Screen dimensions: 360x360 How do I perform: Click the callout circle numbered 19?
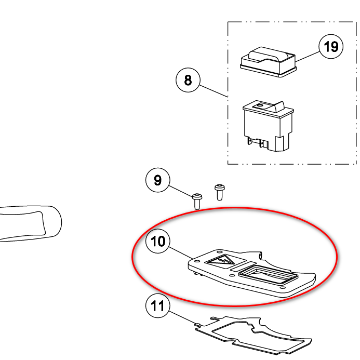pyautogui.click(x=331, y=47)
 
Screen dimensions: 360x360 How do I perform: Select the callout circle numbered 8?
pyautogui.click(x=188, y=80)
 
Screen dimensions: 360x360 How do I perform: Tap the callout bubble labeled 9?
pyautogui.click(x=158, y=180)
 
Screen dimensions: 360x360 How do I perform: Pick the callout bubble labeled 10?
pyautogui.click(x=158, y=241)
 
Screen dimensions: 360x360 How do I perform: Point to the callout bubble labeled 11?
pyautogui.click(x=158, y=306)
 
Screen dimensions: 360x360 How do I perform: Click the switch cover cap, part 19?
pyautogui.click(x=268, y=62)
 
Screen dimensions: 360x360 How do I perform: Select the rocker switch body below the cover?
pyautogui.click(x=268, y=126)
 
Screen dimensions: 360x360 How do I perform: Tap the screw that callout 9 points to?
pyautogui.click(x=197, y=202)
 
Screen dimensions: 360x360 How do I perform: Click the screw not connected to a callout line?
pyautogui.click(x=220, y=192)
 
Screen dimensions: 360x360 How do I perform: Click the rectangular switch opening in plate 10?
pyautogui.click(x=268, y=274)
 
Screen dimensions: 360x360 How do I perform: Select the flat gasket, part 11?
pyautogui.click(x=252, y=335)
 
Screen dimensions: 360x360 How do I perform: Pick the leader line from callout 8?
pyautogui.click(x=214, y=91)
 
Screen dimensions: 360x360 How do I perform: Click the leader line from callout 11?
pyautogui.click(x=182, y=318)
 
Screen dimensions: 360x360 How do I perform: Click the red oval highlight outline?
pyautogui.click(x=234, y=208)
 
